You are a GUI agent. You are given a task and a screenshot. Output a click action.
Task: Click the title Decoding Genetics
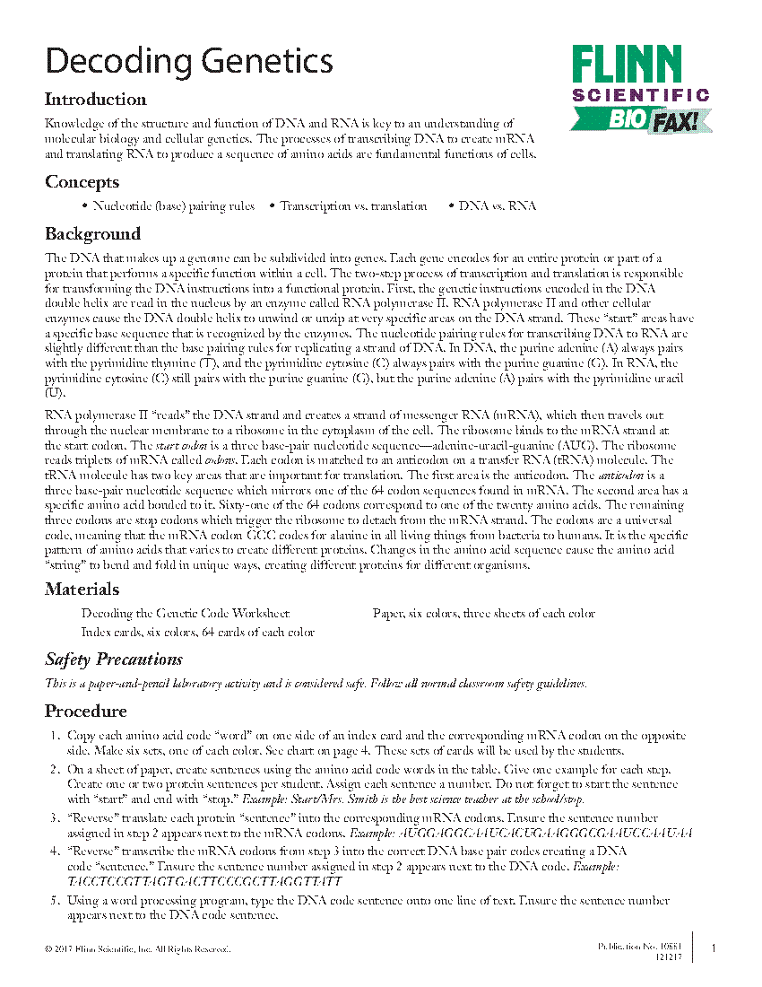[x=189, y=62]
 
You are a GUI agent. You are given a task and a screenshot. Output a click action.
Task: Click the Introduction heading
[x=96, y=100]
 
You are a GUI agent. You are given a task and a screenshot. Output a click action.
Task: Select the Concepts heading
[x=82, y=182]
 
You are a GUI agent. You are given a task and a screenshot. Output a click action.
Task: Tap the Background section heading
[x=92, y=234]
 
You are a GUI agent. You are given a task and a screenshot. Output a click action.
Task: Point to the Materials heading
[x=82, y=590]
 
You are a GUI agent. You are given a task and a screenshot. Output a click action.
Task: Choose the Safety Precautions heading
[x=114, y=659]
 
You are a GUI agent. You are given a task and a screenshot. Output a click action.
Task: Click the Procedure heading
[x=86, y=712]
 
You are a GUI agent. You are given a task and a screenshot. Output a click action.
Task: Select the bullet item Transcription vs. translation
[x=352, y=206]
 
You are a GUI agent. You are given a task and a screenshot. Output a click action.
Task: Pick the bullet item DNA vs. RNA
[x=497, y=206]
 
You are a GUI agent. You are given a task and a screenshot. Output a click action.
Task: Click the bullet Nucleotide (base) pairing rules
[x=173, y=206]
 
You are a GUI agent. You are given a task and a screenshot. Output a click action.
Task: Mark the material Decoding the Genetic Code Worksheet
[x=185, y=614]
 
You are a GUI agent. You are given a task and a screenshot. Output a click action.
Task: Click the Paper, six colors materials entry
[x=483, y=614]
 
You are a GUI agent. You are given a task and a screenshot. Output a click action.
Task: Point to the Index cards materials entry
[x=197, y=632]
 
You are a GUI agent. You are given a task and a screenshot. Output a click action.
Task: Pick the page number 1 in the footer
[x=713, y=948]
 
